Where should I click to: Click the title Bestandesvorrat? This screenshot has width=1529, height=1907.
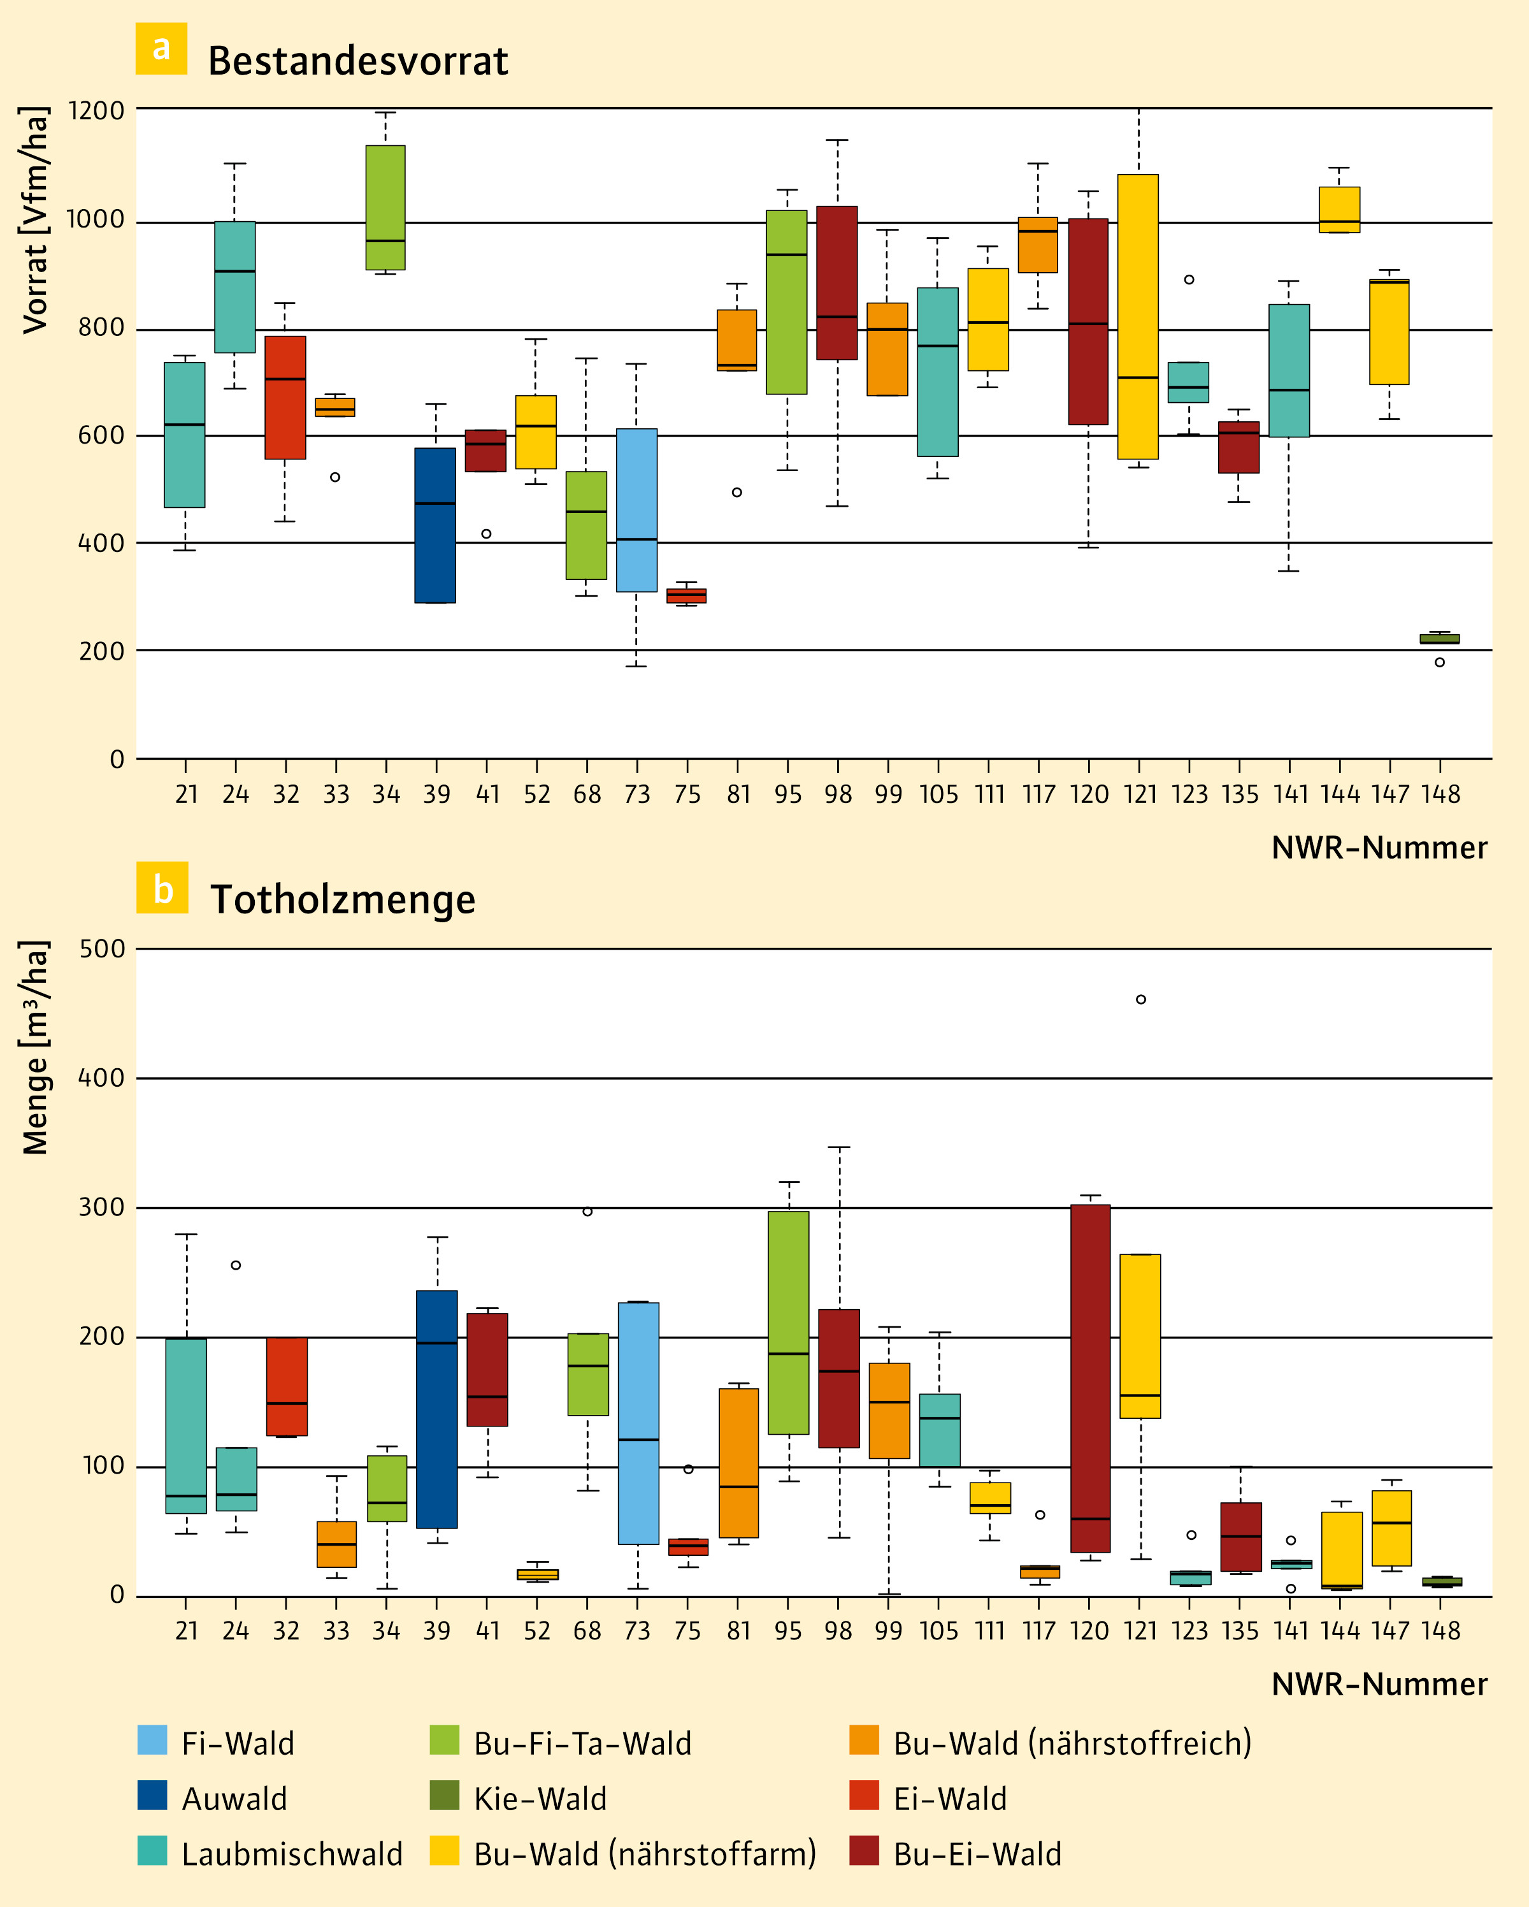(357, 61)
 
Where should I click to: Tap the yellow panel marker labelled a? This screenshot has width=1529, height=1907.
(161, 48)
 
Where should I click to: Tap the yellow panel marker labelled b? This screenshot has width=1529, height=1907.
(162, 887)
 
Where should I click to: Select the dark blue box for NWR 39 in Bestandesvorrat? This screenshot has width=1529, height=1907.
(435, 525)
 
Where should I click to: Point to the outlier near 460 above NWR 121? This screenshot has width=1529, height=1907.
(1141, 999)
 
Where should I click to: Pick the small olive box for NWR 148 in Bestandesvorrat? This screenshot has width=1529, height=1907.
(1440, 639)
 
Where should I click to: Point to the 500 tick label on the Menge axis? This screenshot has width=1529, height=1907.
(103, 949)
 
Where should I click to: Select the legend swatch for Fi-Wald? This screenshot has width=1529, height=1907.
(152, 1740)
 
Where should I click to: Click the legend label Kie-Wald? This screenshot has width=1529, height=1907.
(540, 1799)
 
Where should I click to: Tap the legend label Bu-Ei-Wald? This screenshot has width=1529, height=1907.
(977, 1854)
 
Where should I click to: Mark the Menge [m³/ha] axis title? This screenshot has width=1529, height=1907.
(36, 1048)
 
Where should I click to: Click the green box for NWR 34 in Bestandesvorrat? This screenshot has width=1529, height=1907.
(385, 208)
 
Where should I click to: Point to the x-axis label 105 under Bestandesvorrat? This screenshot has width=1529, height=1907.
(938, 794)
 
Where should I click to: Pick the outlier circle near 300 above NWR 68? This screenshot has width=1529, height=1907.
(587, 1212)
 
